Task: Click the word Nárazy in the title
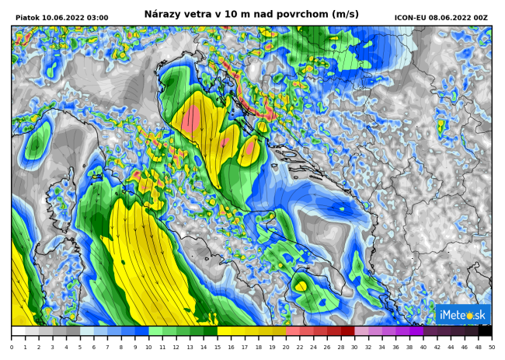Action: (x=162, y=14)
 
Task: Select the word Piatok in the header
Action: (x=27, y=18)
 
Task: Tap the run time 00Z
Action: (x=481, y=18)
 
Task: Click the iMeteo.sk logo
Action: (x=463, y=314)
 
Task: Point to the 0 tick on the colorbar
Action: (x=12, y=348)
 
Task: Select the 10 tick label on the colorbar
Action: (x=148, y=348)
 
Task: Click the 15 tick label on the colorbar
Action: (x=217, y=348)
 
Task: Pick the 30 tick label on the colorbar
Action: (x=354, y=348)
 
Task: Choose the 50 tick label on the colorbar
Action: (x=491, y=348)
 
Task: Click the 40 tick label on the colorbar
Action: (x=423, y=348)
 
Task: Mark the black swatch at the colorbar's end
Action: (x=484, y=330)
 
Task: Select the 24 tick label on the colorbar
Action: (x=313, y=348)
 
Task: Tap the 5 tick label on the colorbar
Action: (x=80, y=348)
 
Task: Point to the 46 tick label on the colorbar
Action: (x=464, y=348)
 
